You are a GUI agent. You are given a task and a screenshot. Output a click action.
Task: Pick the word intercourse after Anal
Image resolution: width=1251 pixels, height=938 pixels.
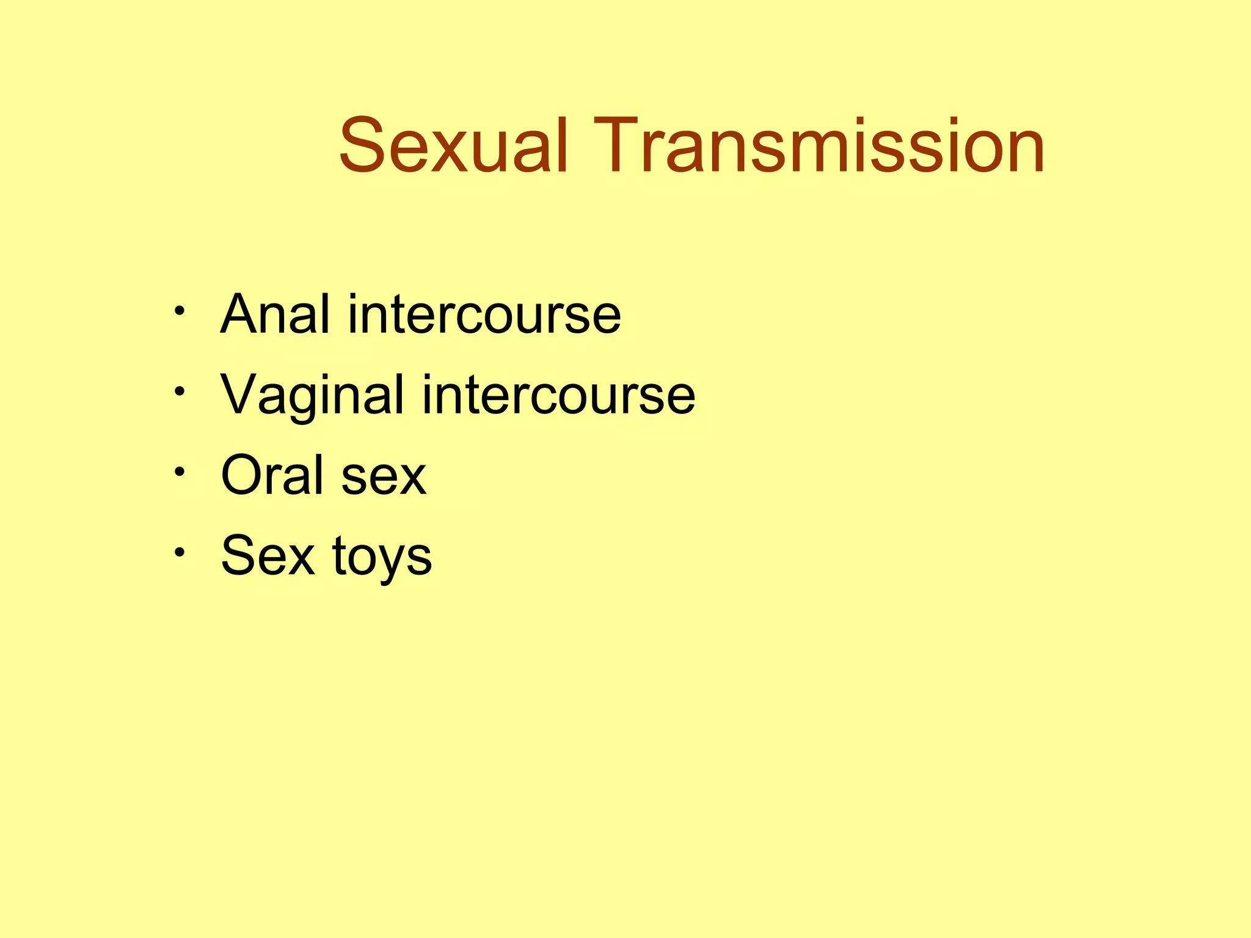484,314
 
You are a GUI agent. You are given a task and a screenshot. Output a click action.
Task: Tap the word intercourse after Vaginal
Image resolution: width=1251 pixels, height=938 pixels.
558,395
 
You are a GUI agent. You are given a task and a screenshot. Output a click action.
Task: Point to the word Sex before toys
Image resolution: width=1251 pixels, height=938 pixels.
268,556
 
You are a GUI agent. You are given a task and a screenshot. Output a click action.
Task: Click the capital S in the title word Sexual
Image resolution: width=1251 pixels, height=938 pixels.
363,147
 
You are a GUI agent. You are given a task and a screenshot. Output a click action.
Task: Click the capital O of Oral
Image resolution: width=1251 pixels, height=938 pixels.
243,476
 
